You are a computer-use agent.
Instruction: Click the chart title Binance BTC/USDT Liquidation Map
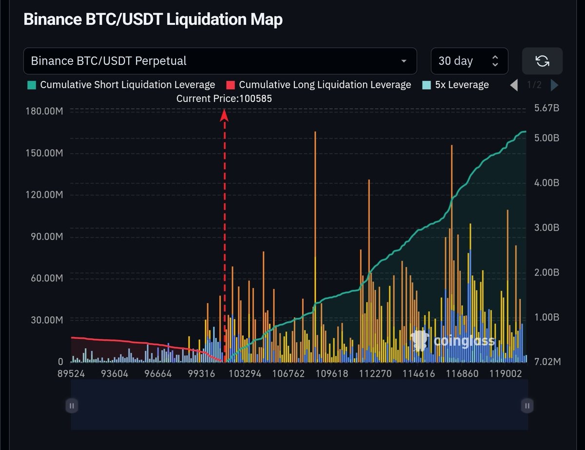(153, 19)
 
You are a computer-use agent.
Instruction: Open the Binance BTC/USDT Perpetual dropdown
(220, 61)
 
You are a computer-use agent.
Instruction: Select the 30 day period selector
(469, 61)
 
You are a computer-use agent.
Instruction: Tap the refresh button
(542, 61)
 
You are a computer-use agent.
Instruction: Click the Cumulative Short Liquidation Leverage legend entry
(121, 85)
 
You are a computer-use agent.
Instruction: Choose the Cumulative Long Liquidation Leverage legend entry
(319, 85)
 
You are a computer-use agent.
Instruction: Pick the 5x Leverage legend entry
(455, 85)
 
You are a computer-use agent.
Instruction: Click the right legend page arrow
(554, 85)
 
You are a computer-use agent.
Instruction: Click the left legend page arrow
(514, 85)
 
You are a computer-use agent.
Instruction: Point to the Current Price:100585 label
(224, 98)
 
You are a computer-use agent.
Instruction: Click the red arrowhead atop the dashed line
(224, 115)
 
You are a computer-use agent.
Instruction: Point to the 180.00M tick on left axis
(43, 112)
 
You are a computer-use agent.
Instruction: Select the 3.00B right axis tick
(545, 227)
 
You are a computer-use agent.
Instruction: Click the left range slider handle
(72, 405)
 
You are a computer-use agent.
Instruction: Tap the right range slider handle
(527, 405)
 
